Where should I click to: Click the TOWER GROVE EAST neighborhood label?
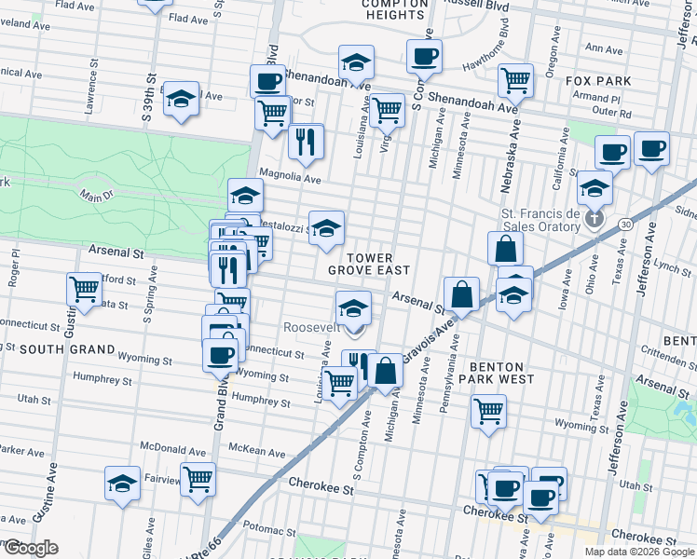(x=368, y=263)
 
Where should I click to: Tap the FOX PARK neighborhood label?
(x=598, y=81)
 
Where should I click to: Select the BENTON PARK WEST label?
(x=502, y=373)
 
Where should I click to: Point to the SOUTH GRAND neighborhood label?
(x=67, y=349)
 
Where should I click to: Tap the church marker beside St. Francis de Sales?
(x=596, y=220)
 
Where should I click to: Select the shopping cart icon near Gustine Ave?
(x=85, y=289)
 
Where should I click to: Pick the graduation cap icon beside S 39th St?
(x=181, y=98)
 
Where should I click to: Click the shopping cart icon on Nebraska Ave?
(x=515, y=80)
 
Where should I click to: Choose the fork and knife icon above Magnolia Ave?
(x=306, y=141)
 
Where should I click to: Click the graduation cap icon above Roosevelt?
(x=353, y=307)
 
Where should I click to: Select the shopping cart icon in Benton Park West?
(x=488, y=410)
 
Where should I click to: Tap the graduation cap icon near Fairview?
(x=122, y=484)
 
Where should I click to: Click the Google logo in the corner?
(x=32, y=548)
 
